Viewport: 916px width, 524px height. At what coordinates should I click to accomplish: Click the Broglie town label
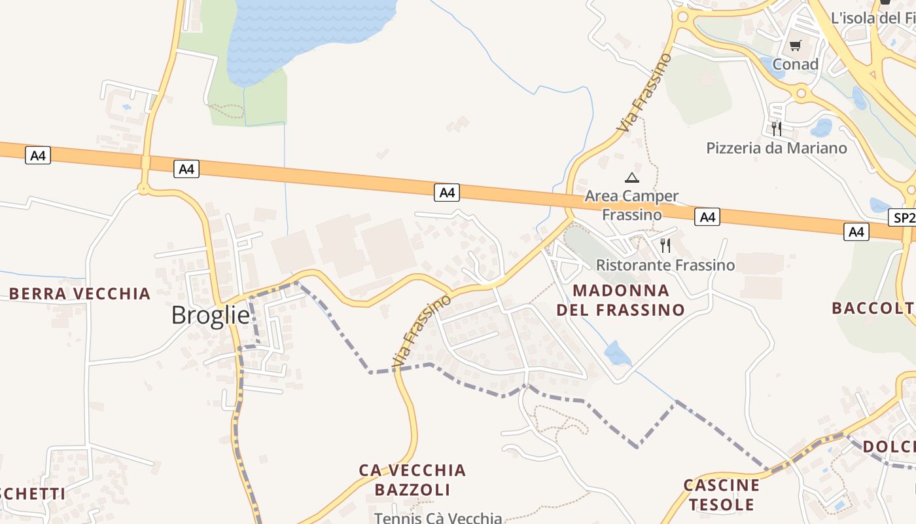(210, 316)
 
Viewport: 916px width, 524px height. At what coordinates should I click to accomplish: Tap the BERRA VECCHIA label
(80, 293)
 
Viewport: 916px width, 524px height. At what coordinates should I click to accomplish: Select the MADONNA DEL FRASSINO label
(620, 300)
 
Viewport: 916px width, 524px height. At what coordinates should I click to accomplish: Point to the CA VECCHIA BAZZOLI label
(412, 479)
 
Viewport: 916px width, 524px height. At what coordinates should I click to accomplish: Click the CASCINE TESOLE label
(722, 495)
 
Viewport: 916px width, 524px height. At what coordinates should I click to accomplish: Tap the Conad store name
(795, 64)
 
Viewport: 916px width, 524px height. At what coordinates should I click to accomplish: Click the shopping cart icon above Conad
(795, 45)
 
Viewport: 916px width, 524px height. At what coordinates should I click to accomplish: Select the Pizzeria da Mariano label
(776, 148)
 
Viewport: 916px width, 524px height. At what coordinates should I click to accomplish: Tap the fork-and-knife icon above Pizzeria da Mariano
(777, 128)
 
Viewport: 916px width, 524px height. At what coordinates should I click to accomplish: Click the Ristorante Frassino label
(665, 265)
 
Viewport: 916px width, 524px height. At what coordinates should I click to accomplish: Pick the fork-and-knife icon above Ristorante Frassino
(665, 246)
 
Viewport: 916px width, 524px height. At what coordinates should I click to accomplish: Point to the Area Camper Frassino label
(631, 205)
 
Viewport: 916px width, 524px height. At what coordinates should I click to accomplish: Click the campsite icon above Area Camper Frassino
(631, 178)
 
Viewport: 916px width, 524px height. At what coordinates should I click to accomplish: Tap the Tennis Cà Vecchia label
(438, 518)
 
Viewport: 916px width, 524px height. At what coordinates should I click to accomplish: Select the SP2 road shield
(902, 217)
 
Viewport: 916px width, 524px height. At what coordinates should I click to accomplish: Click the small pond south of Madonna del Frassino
(616, 354)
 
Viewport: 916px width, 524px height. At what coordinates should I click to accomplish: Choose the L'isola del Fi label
(873, 18)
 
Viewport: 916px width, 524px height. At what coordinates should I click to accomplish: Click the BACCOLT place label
(873, 308)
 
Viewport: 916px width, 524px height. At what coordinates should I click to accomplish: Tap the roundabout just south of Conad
(800, 94)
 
